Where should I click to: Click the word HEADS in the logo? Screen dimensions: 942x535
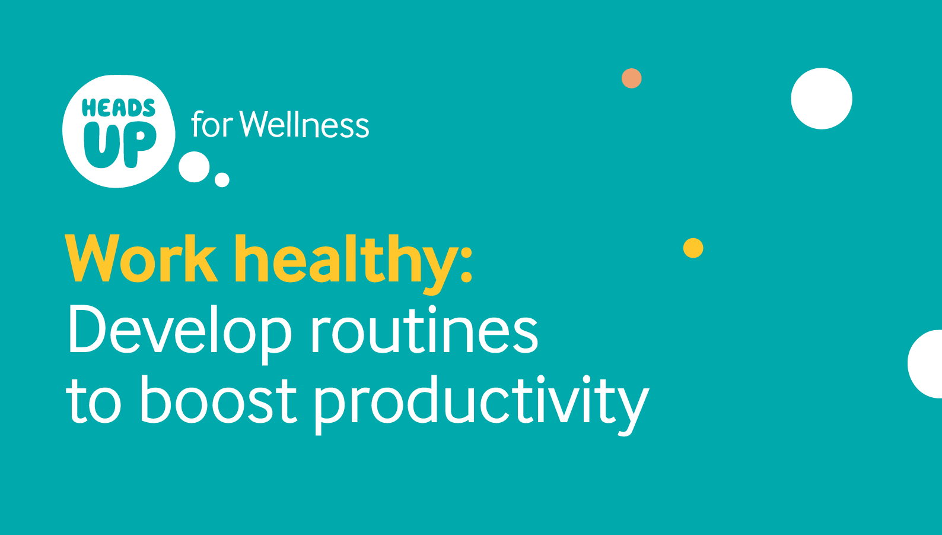tap(119, 107)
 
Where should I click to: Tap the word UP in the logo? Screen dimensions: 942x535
tap(120, 145)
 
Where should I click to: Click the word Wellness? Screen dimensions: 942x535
tap(304, 124)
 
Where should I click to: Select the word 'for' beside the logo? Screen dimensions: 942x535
tap(212, 124)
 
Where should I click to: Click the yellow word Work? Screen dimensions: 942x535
tap(141, 259)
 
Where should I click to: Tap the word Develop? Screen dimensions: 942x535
tap(180, 333)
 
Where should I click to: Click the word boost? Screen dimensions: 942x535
tap(218, 399)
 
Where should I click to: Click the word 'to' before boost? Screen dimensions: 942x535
tap(93, 402)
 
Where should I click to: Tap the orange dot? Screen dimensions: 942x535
tap(631, 78)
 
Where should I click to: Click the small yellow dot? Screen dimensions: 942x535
tap(693, 248)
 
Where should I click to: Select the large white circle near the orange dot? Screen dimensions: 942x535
tap(822, 99)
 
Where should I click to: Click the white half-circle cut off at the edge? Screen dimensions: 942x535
tap(925, 364)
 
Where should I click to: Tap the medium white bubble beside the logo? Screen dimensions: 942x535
tap(194, 167)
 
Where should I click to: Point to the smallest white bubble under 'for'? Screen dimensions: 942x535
tap(222, 180)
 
